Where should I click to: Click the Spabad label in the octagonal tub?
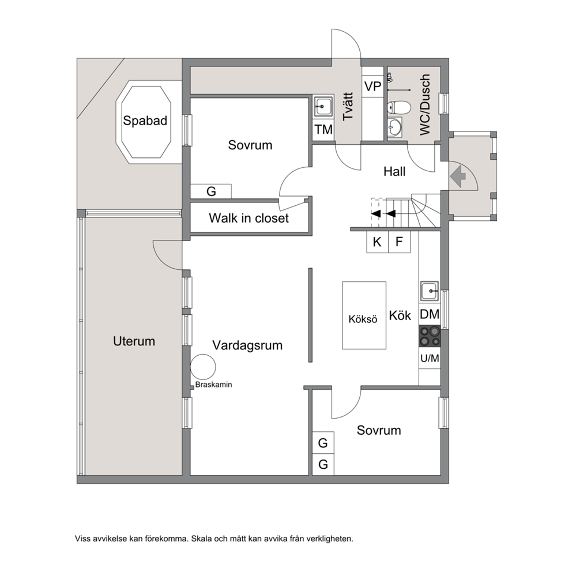pos(145,121)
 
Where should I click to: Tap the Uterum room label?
pos(134,341)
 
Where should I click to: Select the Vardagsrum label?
pos(247,345)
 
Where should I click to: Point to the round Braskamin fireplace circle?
pos(203,367)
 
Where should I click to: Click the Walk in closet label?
pos(249,218)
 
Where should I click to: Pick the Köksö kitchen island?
pos(364,315)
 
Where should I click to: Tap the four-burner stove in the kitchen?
pos(430,336)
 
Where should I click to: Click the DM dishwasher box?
pos(430,314)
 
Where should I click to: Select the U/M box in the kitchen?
pos(430,358)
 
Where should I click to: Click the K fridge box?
pos(378,242)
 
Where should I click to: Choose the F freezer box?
pos(400,242)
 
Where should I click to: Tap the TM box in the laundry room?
pos(323,129)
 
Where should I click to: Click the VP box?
pos(373,87)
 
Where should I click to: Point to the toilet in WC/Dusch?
pos(398,107)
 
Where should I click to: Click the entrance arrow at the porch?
pos(458,176)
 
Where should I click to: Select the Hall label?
pos(394,171)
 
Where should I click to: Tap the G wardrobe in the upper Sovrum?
pos(211,191)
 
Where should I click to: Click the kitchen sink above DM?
pos(430,291)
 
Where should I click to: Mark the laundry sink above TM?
pos(323,107)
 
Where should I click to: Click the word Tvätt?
pos(348,106)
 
